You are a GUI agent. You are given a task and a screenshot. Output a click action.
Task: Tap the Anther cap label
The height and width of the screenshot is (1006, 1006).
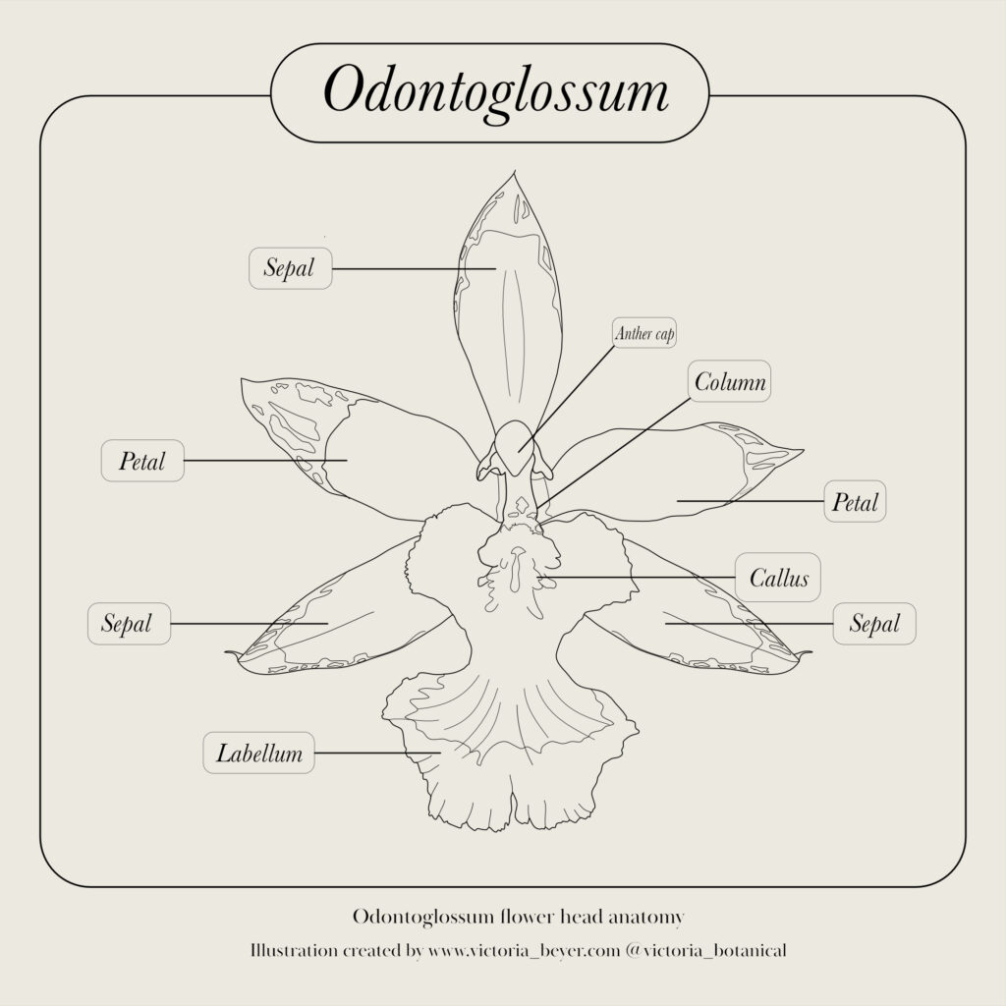point(644,333)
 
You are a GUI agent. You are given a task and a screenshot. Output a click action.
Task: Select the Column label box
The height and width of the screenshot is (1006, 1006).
point(730,381)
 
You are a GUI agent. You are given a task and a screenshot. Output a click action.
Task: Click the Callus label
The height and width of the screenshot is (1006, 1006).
point(778,578)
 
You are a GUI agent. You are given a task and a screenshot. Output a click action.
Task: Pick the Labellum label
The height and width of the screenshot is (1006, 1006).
point(258,753)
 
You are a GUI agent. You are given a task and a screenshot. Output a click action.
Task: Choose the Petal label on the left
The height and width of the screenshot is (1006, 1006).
point(142,461)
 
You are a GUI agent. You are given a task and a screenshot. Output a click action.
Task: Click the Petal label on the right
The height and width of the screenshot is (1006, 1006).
point(855,501)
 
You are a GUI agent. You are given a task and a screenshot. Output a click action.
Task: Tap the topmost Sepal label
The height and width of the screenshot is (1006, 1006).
point(290,268)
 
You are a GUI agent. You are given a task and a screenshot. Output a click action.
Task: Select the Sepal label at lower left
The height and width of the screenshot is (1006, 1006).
point(129,624)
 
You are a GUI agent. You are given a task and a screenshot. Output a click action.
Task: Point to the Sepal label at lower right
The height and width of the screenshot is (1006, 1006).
point(873,624)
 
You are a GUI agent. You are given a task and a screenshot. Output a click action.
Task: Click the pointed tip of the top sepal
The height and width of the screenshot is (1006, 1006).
point(515,171)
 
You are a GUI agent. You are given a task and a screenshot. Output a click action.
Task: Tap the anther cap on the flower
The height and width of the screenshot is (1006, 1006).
point(516,444)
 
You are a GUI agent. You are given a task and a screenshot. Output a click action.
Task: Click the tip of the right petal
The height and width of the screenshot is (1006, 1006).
point(802,451)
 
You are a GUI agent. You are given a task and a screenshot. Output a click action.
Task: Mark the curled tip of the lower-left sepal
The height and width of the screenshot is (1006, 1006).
point(228,653)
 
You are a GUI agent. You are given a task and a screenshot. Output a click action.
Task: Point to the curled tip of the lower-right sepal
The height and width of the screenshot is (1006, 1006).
point(808,653)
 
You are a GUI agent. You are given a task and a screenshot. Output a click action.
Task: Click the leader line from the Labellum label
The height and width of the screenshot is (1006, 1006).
point(377,753)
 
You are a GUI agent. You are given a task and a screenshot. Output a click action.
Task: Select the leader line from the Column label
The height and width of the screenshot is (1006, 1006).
point(614,453)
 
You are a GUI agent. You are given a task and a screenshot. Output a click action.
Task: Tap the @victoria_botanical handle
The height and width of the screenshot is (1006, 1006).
point(706,950)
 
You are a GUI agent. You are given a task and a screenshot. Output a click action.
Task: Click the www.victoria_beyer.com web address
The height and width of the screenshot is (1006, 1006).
point(525,950)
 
